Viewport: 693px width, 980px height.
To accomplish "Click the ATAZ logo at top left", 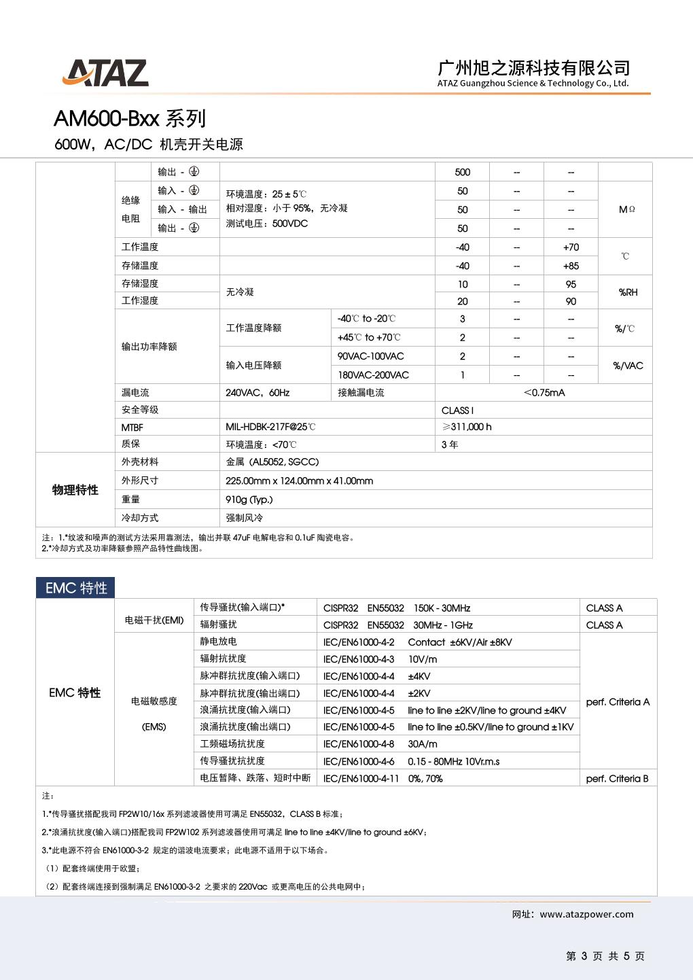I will tap(105, 73).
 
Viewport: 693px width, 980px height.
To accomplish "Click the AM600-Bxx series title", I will tap(129, 119).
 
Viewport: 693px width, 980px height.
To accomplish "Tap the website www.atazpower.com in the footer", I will tap(586, 914).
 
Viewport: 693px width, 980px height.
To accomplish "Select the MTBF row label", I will tap(132, 427).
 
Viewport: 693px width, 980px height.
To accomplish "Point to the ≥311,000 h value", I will tap(467, 427).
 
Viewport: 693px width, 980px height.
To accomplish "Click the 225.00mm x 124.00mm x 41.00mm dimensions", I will tap(299, 480).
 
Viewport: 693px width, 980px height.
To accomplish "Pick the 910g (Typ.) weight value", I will tap(249, 500).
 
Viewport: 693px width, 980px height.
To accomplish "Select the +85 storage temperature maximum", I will tap(571, 266).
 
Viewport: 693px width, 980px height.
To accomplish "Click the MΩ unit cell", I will tap(626, 209).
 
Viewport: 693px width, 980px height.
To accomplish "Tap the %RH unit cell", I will tap(628, 292).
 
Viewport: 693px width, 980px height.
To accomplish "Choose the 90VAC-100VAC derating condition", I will tap(370, 356).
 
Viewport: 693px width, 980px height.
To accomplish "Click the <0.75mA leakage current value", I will tap(544, 392).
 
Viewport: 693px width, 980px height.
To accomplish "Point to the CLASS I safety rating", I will tap(457, 410).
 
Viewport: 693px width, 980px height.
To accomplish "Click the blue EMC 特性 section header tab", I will tap(76, 588).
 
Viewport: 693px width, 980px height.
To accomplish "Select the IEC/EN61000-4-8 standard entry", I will tap(359, 744).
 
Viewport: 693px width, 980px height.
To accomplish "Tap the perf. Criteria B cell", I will tap(617, 779).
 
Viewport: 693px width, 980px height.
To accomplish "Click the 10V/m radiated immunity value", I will tap(423, 659).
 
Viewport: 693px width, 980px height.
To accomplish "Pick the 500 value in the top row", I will tap(462, 172).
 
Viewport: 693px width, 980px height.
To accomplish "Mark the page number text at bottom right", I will tap(605, 956).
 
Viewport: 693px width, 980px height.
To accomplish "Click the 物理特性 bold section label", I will tap(75, 490).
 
